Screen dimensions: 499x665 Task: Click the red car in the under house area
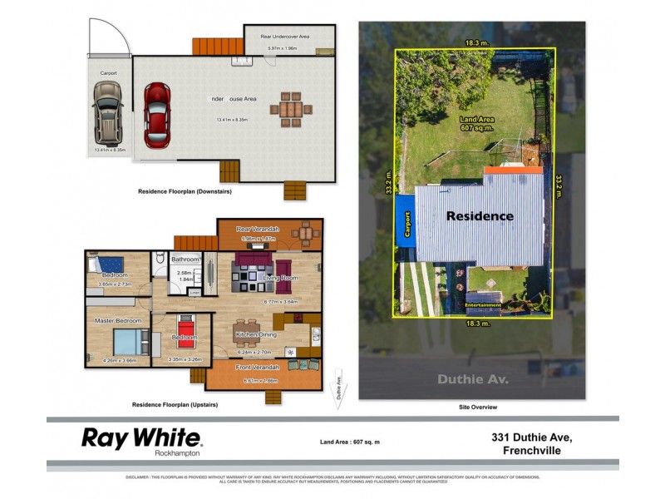(x=157, y=114)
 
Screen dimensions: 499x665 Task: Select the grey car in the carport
(x=109, y=115)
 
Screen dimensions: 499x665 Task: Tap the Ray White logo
(x=141, y=438)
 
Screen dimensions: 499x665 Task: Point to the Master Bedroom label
(x=117, y=320)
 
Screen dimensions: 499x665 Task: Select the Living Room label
(x=280, y=277)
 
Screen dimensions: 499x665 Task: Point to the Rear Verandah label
(x=258, y=229)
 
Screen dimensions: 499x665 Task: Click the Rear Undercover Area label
(x=284, y=37)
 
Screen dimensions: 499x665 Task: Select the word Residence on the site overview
(x=480, y=216)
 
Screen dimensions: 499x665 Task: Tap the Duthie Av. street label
(x=471, y=379)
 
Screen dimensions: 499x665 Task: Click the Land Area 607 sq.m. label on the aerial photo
(x=477, y=124)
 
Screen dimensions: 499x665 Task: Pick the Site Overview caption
(x=477, y=407)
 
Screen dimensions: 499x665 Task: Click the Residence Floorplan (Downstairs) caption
(x=184, y=192)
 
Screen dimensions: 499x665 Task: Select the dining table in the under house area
(x=290, y=109)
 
